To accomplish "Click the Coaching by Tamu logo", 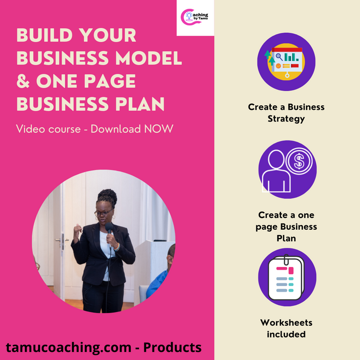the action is click(194, 17).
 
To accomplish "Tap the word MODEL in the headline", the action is click(148, 58).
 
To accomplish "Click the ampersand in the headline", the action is click(23, 81).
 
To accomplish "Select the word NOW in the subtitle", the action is click(158, 129).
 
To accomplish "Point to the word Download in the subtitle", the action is click(116, 129).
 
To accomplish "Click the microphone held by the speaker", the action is click(109, 228).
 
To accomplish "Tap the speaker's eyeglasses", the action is click(103, 213).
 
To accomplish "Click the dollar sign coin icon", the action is click(299, 161).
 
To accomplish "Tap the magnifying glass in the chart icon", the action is click(279, 57).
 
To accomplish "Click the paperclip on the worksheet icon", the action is click(286, 259).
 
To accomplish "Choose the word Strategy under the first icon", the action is click(286, 119).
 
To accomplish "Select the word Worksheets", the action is click(286, 323).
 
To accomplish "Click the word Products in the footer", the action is click(173, 347).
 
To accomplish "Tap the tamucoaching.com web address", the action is click(68, 348).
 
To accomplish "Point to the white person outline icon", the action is click(276, 171).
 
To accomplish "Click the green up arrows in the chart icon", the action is click(270, 58).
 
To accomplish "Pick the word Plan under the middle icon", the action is click(286, 238).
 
